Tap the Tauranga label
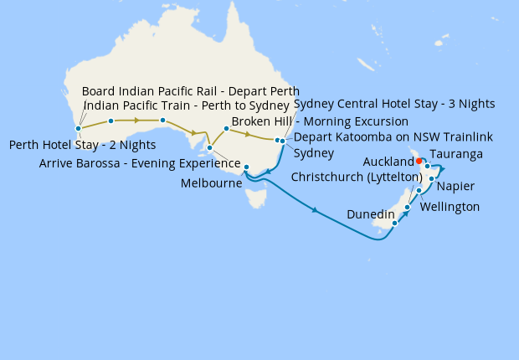(x=455, y=156)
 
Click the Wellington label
(x=450, y=206)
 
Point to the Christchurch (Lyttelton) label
(x=357, y=177)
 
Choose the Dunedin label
(x=370, y=215)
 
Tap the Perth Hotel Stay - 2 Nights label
(x=82, y=145)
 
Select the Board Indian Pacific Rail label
(x=190, y=90)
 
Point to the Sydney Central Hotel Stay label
(x=394, y=104)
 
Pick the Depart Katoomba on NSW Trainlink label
(x=393, y=136)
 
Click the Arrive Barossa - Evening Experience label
(x=140, y=163)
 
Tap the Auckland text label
(x=389, y=161)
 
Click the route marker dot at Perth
(x=78, y=129)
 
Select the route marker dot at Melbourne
(x=246, y=167)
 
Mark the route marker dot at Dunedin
(x=394, y=223)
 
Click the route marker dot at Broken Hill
(x=226, y=129)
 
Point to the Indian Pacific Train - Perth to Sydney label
(x=188, y=106)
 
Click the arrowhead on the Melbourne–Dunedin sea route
(x=315, y=210)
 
